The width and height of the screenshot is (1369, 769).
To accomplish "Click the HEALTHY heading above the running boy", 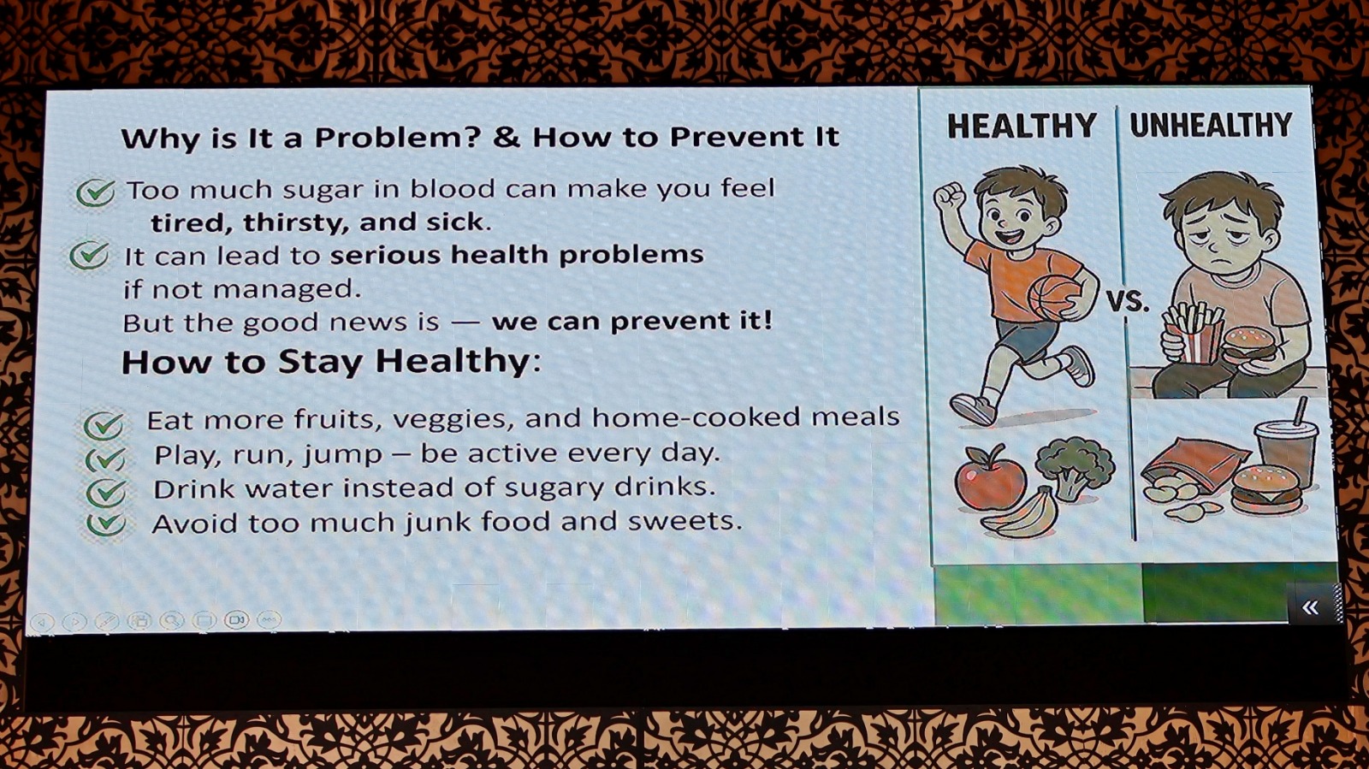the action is tap(1022, 126).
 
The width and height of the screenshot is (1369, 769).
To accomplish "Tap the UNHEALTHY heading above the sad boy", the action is tap(1211, 125).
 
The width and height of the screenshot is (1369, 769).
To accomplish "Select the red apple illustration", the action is tap(990, 477).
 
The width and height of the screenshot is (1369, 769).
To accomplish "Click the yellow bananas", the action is tap(1022, 513).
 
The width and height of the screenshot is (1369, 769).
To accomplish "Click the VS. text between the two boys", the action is tap(1128, 302).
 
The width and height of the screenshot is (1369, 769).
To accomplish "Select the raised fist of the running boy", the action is tap(949, 195).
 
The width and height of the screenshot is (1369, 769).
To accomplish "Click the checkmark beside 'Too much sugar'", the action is tap(95, 192).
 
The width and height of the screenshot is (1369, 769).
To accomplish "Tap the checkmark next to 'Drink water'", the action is tap(106, 493).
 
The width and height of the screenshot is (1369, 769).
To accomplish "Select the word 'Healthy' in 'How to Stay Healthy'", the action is tap(453, 361).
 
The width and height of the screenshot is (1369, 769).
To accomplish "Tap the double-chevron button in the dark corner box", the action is tap(1310, 606).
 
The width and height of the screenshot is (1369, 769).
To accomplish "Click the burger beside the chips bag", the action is tap(1266, 489).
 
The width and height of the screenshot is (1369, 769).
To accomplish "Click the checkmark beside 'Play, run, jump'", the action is tap(105, 459).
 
